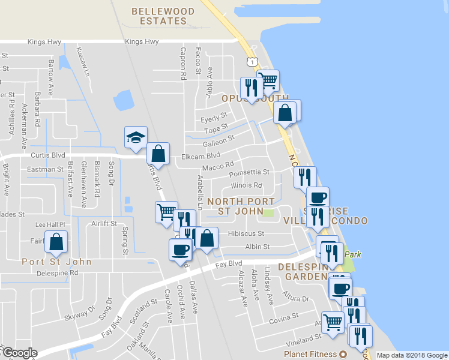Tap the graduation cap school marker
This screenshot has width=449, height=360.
point(136,137)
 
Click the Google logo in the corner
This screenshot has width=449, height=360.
point(19,353)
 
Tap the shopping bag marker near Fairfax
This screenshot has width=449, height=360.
point(56,242)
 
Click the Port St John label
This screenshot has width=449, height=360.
point(56,262)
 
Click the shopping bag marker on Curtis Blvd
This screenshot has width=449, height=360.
point(158,154)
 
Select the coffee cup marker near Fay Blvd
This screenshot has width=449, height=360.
point(180,248)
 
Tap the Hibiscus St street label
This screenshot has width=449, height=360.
point(246,233)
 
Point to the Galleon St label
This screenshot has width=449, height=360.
point(218,140)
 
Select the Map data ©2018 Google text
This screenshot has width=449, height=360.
point(411,355)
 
